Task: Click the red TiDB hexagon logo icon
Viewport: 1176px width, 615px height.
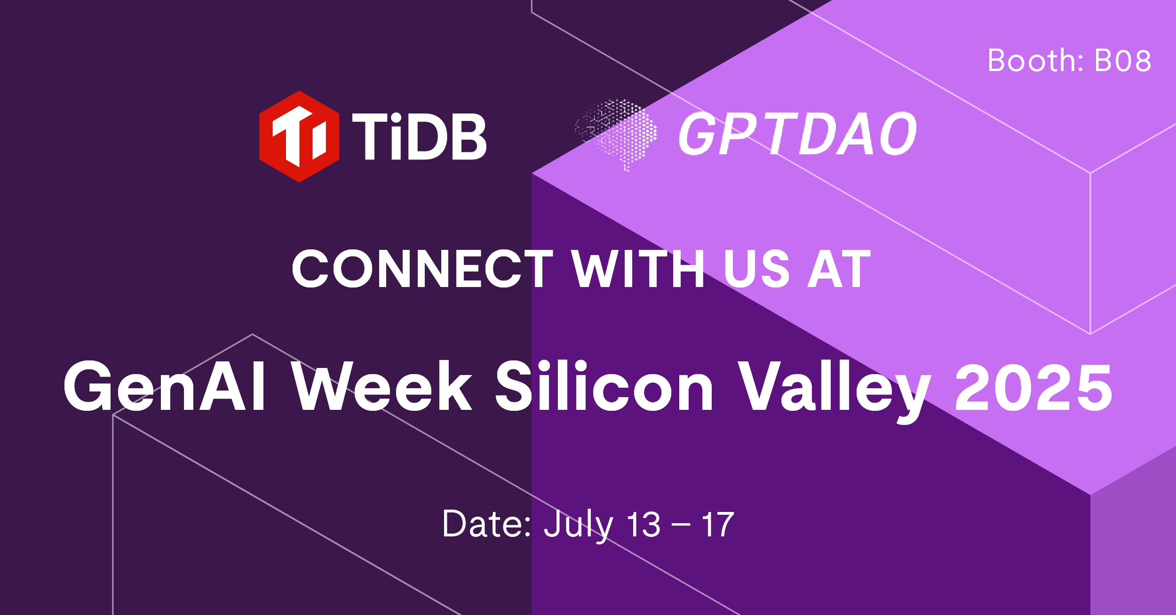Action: [x=299, y=136]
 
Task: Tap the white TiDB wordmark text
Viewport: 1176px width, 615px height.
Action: [x=419, y=137]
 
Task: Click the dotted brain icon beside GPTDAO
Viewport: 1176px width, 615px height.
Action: [x=616, y=134]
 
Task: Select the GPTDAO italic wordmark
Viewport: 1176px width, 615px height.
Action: [x=797, y=135]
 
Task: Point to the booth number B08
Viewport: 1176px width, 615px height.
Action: [x=1123, y=61]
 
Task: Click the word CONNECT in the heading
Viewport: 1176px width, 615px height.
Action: [x=422, y=269]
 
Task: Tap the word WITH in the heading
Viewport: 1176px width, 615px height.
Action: [x=638, y=269]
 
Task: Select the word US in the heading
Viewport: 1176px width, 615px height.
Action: [x=756, y=269]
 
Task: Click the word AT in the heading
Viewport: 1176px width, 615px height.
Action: [x=839, y=269]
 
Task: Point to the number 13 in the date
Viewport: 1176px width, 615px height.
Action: [x=644, y=524]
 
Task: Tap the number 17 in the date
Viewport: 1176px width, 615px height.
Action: [x=717, y=524]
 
